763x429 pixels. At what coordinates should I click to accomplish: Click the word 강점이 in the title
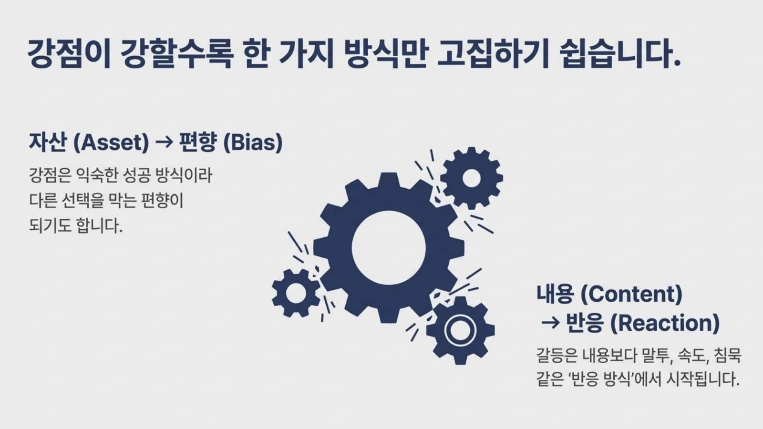point(69,54)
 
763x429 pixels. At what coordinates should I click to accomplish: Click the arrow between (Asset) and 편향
point(164,143)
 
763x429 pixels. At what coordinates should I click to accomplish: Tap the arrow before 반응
point(550,324)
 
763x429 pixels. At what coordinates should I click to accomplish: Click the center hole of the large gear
point(389,248)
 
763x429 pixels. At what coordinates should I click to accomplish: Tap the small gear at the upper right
point(472,178)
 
